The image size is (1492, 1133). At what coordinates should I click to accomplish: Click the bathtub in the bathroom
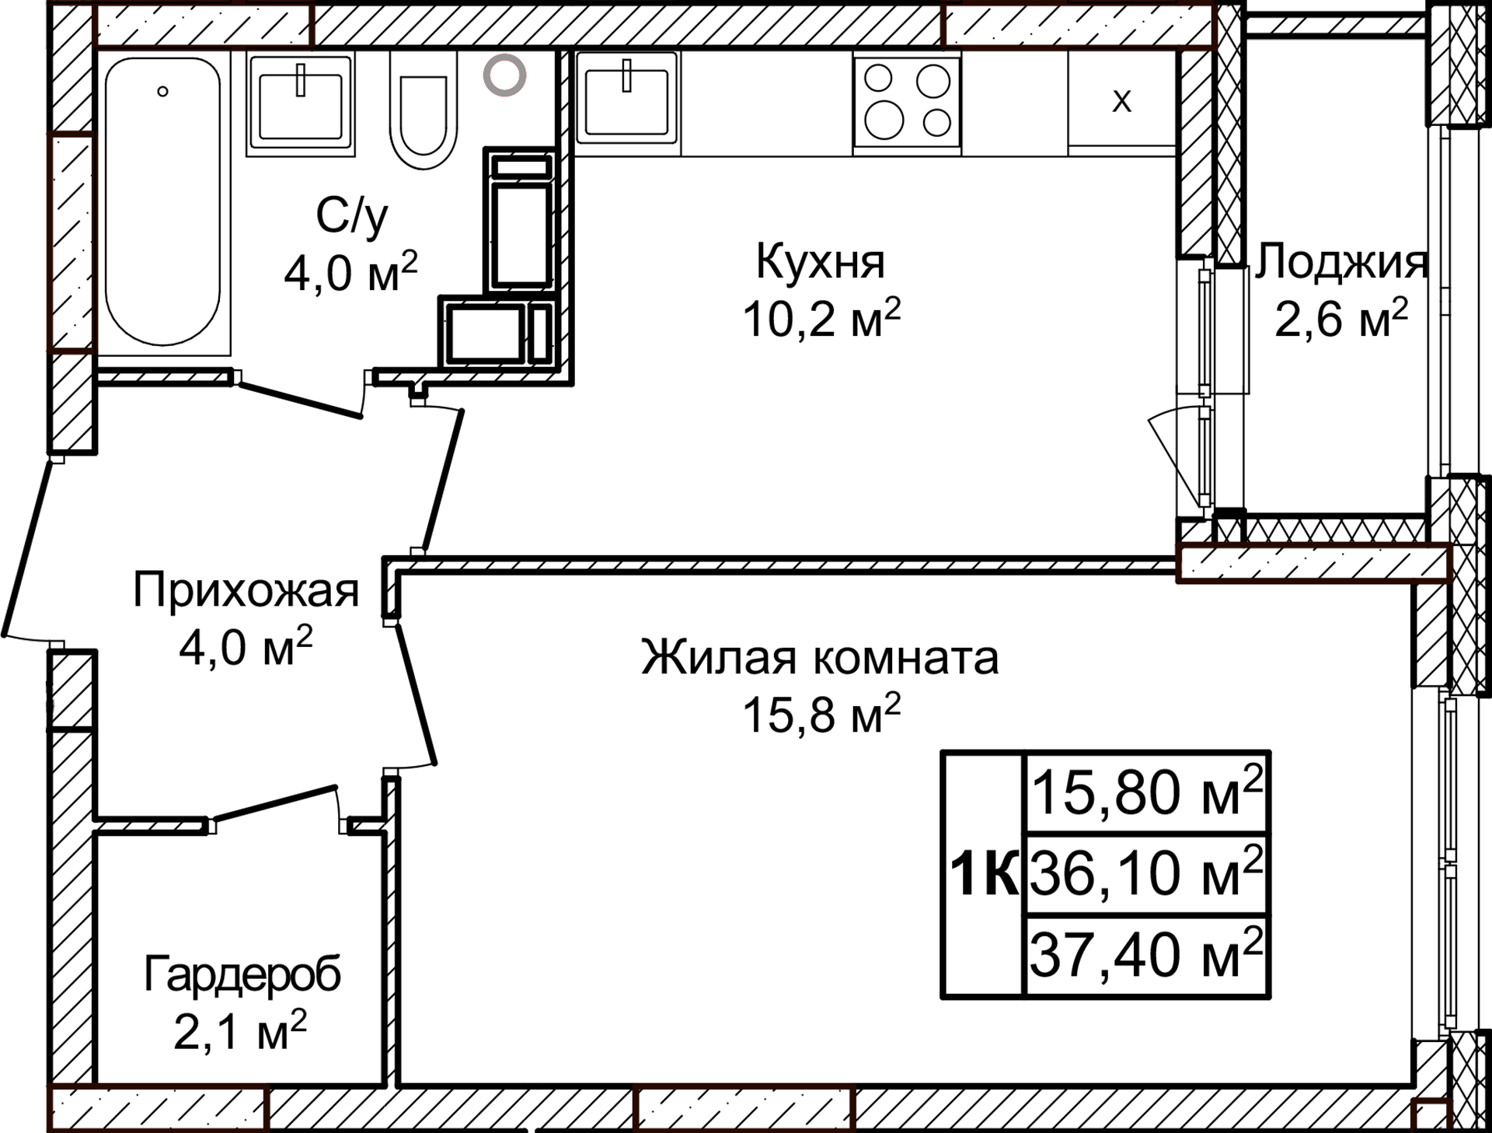click(x=163, y=202)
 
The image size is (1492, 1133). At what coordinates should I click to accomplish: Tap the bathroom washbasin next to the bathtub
click(x=300, y=104)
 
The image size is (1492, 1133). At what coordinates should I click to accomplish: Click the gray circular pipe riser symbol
click(x=504, y=75)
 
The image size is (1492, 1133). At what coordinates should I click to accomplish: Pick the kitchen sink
click(x=626, y=102)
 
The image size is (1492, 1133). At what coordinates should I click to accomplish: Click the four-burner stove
click(x=907, y=102)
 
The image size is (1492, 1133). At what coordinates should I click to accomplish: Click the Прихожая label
click(x=246, y=590)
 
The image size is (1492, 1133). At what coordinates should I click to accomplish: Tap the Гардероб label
click(x=242, y=974)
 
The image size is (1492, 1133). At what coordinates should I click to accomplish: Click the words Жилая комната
click(x=820, y=657)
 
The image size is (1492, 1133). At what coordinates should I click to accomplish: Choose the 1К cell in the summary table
click(x=984, y=874)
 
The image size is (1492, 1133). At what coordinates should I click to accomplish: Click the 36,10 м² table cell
click(x=1147, y=872)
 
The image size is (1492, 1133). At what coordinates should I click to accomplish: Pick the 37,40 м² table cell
click(x=1147, y=955)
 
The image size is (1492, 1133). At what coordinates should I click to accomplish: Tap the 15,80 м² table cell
click(x=1147, y=792)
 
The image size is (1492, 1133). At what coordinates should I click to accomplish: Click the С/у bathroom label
click(x=351, y=215)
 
